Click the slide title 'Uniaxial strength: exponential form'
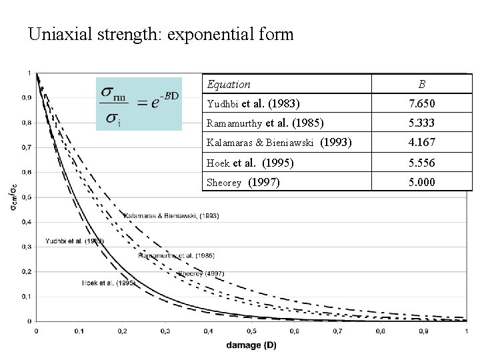[x=161, y=34]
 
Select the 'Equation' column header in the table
[x=229, y=84]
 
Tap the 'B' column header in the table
[x=421, y=84]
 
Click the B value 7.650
[x=421, y=103]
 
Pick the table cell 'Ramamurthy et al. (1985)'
[x=265, y=123]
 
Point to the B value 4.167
[x=421, y=142]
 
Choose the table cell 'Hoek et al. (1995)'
[x=250, y=162]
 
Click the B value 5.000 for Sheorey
[x=421, y=182]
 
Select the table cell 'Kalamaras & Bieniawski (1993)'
[x=279, y=142]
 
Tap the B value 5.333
[x=421, y=123]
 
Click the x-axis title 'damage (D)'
[x=251, y=345]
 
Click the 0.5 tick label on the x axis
[x=251, y=331]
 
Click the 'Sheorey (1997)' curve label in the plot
[x=201, y=273]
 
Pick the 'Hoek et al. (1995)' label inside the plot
[x=107, y=283]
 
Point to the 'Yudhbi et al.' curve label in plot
[x=73, y=240]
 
